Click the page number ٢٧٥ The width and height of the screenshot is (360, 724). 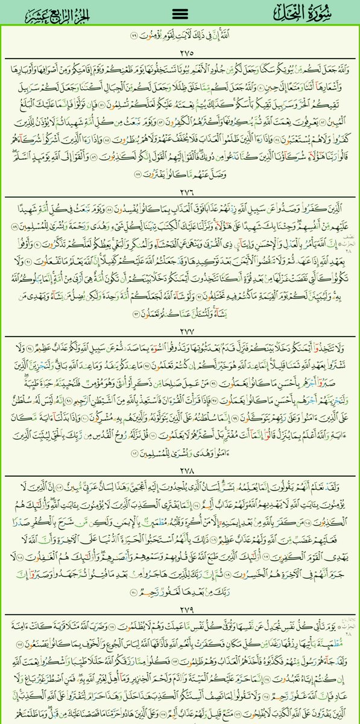(180, 52)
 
